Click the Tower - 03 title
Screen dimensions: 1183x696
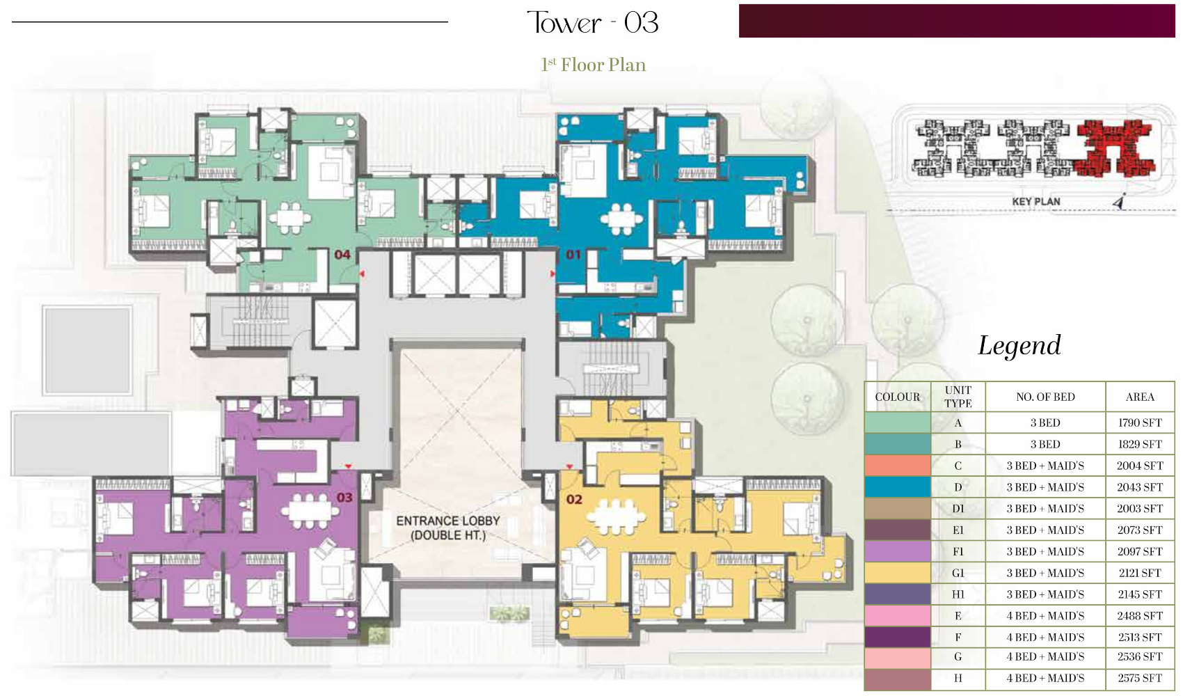pos(593,23)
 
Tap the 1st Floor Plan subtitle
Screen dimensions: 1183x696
pos(593,65)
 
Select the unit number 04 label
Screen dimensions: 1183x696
pos(342,255)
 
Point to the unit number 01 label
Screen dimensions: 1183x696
pos(573,255)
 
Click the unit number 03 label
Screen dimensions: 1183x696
pos(344,498)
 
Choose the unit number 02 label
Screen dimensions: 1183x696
pos(574,500)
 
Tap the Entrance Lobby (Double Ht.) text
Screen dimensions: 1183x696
pos(448,528)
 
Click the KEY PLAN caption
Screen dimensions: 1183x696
pos(1035,202)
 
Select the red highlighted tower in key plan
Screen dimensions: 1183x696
pos(1114,148)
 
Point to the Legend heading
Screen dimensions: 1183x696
pos(1019,346)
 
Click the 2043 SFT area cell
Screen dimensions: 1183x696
pos(1140,487)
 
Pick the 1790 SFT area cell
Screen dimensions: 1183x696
pos(1140,423)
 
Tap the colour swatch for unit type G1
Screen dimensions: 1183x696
pos(897,573)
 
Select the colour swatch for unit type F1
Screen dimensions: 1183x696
pos(897,551)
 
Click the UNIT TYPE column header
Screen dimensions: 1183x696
pos(958,397)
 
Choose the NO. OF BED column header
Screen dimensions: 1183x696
pos(1045,397)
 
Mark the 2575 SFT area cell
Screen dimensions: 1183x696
pos(1140,679)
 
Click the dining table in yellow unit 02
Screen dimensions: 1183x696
pos(616,516)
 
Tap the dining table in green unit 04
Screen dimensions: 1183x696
pos(289,218)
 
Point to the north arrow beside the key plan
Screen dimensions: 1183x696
pos(1119,202)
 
